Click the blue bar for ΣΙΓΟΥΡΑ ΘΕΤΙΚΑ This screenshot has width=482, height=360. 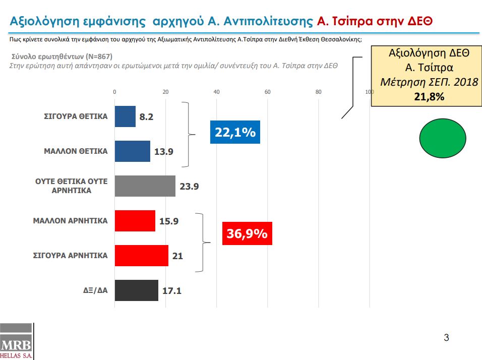(125, 116)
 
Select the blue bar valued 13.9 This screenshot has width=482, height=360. (133, 151)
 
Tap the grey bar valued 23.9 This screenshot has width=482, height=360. (145, 186)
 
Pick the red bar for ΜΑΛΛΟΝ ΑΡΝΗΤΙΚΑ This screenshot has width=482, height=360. (135, 221)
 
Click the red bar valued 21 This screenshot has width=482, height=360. (142, 256)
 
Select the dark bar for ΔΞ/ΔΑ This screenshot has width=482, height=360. (137, 290)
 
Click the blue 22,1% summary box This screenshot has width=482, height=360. (235, 132)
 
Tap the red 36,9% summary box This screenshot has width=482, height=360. (247, 233)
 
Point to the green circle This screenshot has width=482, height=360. (443, 138)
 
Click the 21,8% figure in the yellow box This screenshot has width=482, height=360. (429, 97)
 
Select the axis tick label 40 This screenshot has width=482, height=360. (216, 92)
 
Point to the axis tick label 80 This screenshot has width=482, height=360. (318, 92)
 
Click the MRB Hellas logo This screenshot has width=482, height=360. (17, 341)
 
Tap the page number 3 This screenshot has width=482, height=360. (446, 337)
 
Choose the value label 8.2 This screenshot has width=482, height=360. (146, 117)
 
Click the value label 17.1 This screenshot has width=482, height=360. (172, 290)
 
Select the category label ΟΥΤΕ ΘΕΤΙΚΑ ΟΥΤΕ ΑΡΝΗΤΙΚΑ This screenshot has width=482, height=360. (71, 186)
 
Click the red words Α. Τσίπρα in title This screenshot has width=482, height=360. (344, 21)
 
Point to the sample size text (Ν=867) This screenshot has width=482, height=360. (99, 56)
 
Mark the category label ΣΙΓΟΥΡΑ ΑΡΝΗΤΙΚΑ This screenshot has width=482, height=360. (71, 256)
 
